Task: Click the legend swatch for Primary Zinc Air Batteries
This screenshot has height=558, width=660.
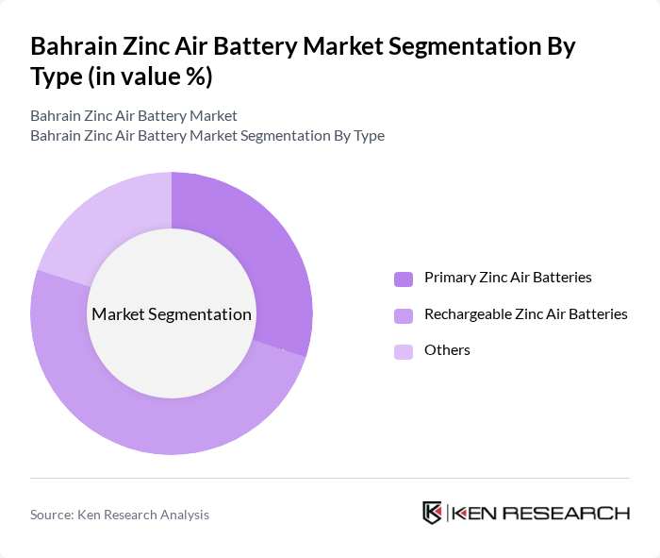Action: [404, 279]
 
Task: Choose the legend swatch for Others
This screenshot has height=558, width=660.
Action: [404, 351]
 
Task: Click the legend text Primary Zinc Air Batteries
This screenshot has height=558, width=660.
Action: [507, 278]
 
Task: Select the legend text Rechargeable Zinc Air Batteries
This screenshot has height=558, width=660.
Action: [525, 314]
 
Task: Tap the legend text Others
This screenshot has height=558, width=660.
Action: [447, 350]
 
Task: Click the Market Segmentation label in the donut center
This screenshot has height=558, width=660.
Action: [171, 314]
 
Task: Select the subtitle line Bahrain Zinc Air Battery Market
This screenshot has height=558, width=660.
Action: [133, 116]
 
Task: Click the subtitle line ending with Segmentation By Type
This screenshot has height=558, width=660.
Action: [206, 136]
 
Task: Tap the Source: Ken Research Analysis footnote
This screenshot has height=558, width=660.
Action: [120, 515]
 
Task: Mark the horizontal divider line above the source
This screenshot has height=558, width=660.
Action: [330, 478]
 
